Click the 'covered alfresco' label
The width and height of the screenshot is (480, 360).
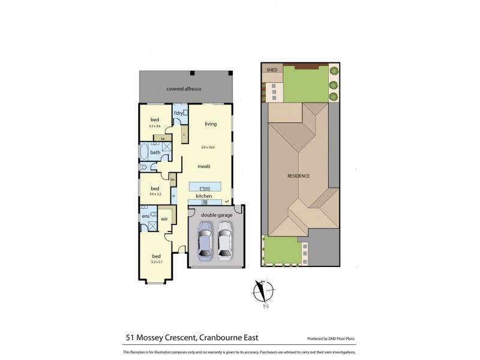pyautogui.click(x=184, y=89)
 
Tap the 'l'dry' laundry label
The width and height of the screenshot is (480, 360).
pyautogui.click(x=178, y=113)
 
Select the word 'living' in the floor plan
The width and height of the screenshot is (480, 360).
pyautogui.click(x=210, y=124)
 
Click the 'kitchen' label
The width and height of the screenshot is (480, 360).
pyautogui.click(x=205, y=196)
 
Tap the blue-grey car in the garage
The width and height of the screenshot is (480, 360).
pyautogui.click(x=205, y=240)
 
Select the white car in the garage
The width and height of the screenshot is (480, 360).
pyautogui.click(x=225, y=240)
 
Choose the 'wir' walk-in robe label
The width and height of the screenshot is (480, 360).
pyautogui.click(x=163, y=219)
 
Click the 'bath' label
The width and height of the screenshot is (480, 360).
pyautogui.click(x=155, y=152)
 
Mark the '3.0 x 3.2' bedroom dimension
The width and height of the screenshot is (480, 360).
pyautogui.click(x=155, y=193)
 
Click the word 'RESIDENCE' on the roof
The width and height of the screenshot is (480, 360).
pyautogui.click(x=298, y=176)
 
